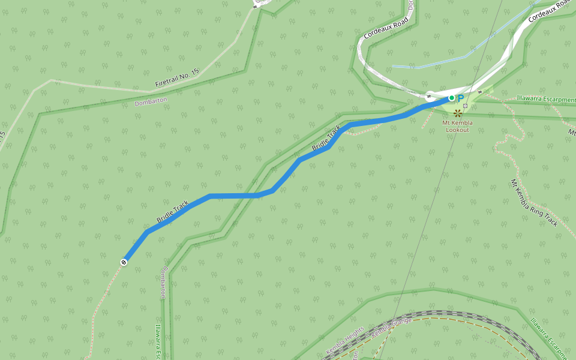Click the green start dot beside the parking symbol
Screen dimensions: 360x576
tap(452, 98)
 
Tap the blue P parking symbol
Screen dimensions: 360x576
tap(461, 98)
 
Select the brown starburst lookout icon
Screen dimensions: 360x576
tap(458, 112)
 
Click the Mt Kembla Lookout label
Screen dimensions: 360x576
tap(457, 126)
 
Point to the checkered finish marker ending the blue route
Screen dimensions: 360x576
tap(124, 262)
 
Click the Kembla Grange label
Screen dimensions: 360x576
tap(392, 329)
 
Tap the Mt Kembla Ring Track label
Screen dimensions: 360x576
tap(533, 203)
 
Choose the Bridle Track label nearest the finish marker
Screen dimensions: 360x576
tap(173, 211)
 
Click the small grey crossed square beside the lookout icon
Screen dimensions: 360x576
tap(465, 106)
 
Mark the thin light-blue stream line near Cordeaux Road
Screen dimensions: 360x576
tap(432, 64)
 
